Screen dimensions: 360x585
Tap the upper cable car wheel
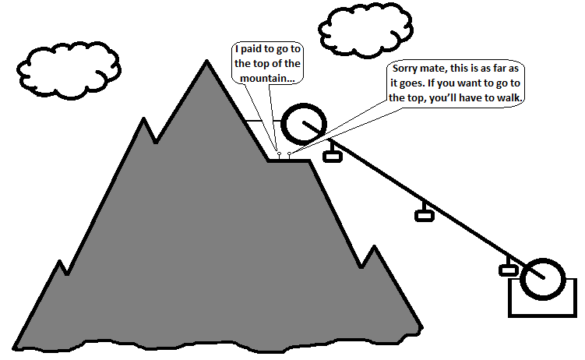(303, 123)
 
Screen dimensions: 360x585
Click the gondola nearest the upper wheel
(333, 157)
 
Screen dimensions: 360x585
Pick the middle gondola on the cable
(425, 215)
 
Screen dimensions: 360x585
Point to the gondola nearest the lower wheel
(509, 270)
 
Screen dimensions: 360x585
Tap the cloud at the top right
(363, 29)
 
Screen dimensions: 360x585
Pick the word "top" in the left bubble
(263, 63)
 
